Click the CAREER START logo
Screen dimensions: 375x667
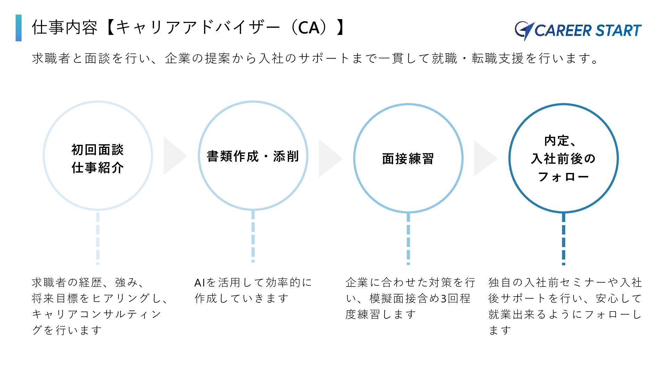point(578,31)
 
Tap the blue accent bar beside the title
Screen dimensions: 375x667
point(18,28)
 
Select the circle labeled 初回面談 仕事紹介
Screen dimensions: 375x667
point(98,156)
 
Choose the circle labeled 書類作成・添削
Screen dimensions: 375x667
point(253,156)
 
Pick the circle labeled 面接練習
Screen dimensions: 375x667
point(408,158)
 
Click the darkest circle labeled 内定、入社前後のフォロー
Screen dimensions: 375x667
point(563,158)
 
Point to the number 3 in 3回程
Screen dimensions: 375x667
point(443,299)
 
